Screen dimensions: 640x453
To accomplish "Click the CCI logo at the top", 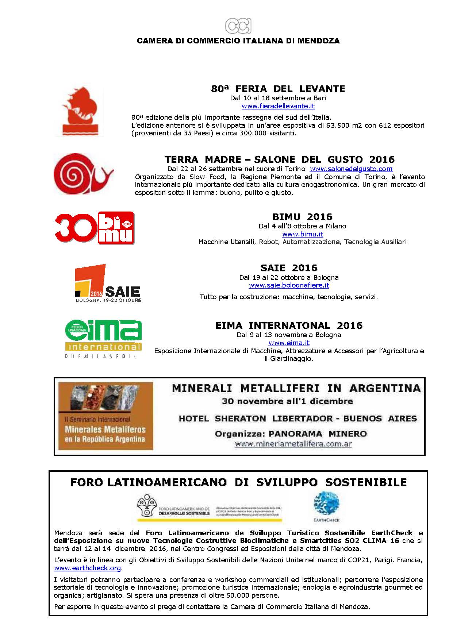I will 238,26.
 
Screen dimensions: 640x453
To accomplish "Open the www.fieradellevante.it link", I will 278,106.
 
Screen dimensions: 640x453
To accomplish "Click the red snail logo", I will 83,174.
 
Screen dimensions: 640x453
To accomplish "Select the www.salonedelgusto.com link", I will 351,169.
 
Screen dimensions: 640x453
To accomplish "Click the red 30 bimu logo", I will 95,228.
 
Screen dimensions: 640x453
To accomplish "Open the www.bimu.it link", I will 303,234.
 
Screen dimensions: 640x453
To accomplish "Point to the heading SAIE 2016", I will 289,268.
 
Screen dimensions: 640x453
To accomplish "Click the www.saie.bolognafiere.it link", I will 289,285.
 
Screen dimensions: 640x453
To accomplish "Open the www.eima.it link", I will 289,343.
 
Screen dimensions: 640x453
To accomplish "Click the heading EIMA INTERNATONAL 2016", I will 289,325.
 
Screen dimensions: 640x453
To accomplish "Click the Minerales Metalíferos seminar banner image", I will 106,416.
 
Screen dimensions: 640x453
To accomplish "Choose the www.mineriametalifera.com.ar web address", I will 293,444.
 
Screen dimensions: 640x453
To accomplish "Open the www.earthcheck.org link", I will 87,568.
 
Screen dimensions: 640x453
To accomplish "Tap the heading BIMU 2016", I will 302,217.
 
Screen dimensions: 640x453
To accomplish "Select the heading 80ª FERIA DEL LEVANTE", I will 278,89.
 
